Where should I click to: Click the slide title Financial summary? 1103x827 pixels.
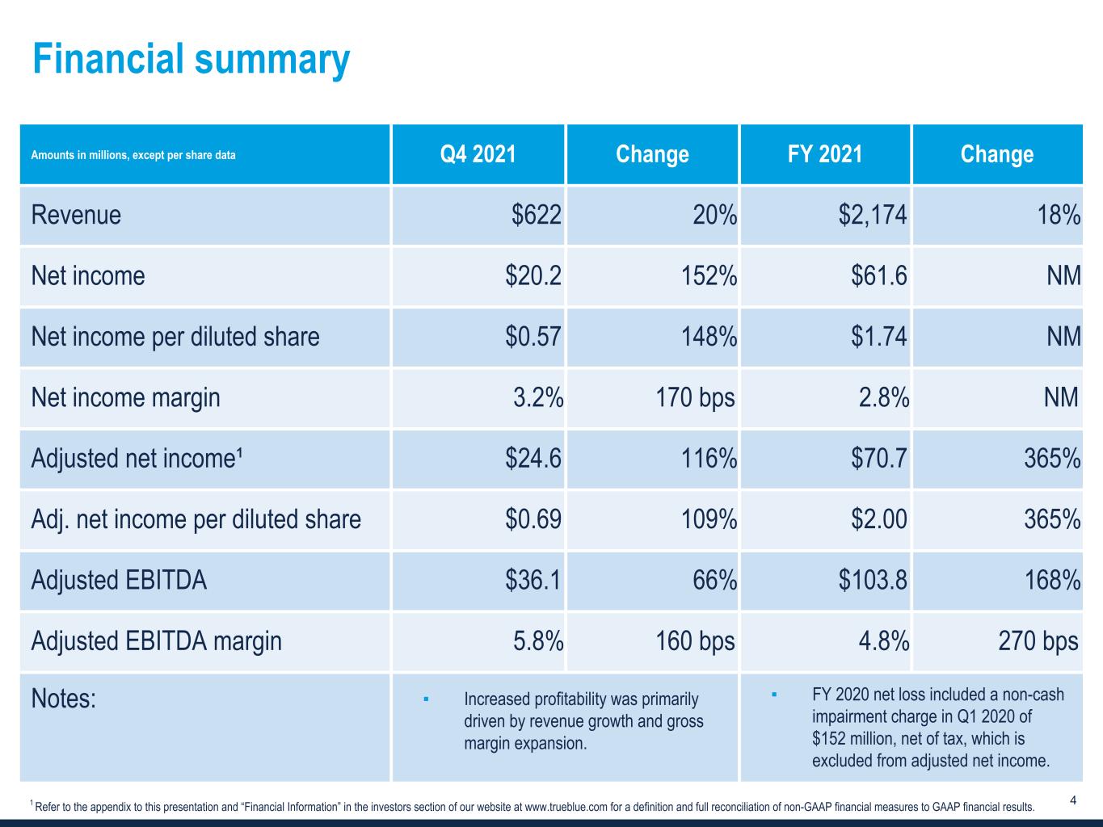click(x=191, y=59)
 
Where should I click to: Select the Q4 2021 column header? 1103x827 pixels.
click(x=478, y=154)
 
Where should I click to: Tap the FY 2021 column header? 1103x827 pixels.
click(x=824, y=154)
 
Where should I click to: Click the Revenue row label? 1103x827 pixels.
click(x=76, y=215)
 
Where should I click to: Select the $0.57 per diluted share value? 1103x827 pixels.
click(x=533, y=337)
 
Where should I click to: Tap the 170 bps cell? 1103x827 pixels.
click(x=696, y=397)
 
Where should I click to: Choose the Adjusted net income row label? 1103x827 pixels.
click(x=137, y=459)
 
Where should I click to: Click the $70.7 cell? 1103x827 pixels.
click(x=878, y=459)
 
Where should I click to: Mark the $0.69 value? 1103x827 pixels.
click(x=533, y=519)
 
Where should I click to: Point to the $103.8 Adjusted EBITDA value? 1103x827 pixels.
click(x=873, y=580)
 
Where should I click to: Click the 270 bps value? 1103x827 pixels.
click(x=1039, y=641)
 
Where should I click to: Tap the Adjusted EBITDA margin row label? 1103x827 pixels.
click(x=156, y=641)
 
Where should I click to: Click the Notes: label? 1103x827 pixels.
click(x=63, y=699)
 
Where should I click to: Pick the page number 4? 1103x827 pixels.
click(x=1072, y=801)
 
